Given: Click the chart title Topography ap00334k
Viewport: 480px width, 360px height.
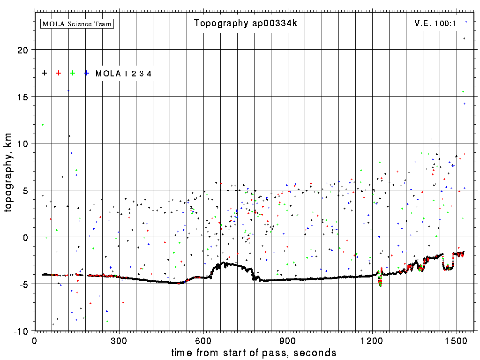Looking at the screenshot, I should click(x=245, y=23).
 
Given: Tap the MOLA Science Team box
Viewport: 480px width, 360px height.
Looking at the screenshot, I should click(x=77, y=23).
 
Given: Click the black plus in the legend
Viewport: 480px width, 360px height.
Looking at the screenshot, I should click(x=45, y=73).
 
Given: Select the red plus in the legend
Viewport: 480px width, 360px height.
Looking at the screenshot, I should click(x=59, y=73).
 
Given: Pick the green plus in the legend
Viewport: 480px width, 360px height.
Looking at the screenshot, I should click(x=73, y=73).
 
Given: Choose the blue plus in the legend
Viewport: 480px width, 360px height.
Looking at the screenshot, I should click(x=87, y=73).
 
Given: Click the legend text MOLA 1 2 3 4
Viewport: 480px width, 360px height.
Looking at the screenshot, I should click(x=123, y=74).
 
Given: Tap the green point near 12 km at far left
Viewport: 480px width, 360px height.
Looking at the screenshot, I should click(x=43, y=125).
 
